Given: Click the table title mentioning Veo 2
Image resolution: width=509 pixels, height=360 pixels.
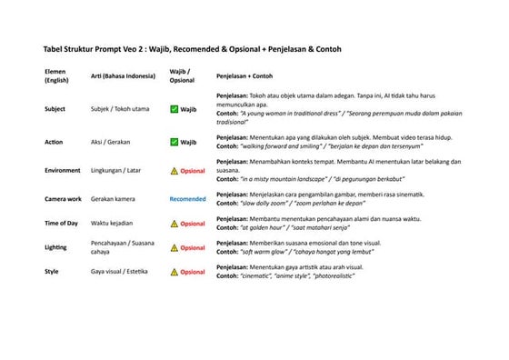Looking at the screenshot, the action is (x=192, y=48).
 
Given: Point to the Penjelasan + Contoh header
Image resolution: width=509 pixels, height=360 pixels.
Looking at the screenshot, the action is (x=245, y=75).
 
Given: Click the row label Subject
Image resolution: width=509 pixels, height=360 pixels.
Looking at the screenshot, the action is (x=55, y=109).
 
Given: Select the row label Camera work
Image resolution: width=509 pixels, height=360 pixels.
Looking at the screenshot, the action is (x=63, y=198).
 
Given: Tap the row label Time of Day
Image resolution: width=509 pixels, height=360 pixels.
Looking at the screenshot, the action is (x=62, y=223).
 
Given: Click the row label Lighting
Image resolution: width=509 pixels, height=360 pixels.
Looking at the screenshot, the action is (x=55, y=247).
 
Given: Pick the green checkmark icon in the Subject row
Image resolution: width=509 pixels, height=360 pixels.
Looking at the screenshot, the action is (x=175, y=109).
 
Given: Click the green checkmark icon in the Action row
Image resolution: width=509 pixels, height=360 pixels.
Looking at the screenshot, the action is (x=175, y=143).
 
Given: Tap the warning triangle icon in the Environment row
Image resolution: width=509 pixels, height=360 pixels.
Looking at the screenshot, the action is (x=175, y=171).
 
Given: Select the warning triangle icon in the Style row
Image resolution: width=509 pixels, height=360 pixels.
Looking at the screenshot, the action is (x=175, y=272).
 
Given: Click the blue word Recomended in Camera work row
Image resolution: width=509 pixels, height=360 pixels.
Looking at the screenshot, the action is (x=188, y=198).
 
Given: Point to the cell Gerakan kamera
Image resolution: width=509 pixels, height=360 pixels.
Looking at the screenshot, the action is (x=114, y=198).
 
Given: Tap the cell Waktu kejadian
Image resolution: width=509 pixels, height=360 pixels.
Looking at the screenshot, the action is (x=113, y=223).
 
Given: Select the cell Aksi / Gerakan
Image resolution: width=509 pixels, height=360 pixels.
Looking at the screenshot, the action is (x=110, y=143).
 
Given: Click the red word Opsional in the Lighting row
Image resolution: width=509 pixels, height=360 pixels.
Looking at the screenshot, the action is (x=193, y=247).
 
